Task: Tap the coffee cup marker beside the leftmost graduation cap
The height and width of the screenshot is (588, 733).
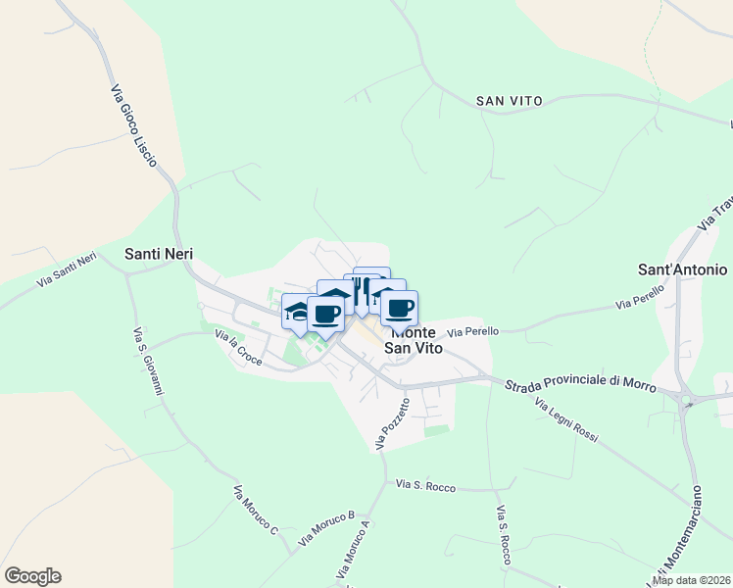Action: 325,314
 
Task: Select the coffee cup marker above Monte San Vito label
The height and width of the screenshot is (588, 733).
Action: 399,309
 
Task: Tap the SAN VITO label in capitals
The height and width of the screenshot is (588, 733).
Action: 509,101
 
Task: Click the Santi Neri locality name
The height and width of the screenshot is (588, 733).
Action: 159,254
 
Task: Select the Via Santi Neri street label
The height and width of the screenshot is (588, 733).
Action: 68,270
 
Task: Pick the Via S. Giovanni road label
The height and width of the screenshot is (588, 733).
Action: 147,363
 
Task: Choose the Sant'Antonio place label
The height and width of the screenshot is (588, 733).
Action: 682,269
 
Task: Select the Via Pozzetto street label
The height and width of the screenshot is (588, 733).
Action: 393,424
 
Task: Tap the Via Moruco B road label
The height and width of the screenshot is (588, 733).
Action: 326,527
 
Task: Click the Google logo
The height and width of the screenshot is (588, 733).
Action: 32,576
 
